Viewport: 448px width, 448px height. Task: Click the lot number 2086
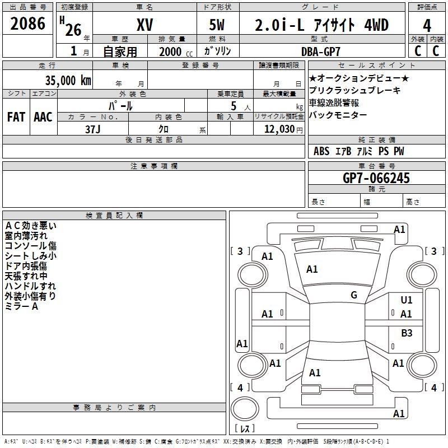click(x=27, y=24)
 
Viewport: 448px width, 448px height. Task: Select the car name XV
click(x=145, y=25)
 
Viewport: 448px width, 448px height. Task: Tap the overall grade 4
click(x=427, y=26)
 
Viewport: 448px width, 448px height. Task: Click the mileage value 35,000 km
click(x=68, y=80)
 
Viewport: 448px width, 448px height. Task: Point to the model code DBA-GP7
click(x=320, y=52)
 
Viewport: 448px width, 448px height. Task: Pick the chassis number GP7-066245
click(x=376, y=178)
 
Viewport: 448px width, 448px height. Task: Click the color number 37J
click(x=93, y=129)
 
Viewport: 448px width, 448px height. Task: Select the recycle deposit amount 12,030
click(x=279, y=129)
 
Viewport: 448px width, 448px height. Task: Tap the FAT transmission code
click(x=16, y=117)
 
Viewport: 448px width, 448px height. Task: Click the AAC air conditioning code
click(x=43, y=117)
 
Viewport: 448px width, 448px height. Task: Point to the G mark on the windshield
click(x=354, y=295)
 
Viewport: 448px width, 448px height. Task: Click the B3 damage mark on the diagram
click(x=407, y=333)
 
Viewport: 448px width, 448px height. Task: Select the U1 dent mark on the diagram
click(x=407, y=300)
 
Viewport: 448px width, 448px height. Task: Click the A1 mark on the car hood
click(x=312, y=269)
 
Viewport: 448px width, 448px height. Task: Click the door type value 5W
click(x=217, y=25)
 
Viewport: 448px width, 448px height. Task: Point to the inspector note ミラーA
click(x=21, y=306)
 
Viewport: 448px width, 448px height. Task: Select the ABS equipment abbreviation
click(x=321, y=151)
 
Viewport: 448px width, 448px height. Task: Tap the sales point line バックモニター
click(x=338, y=115)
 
